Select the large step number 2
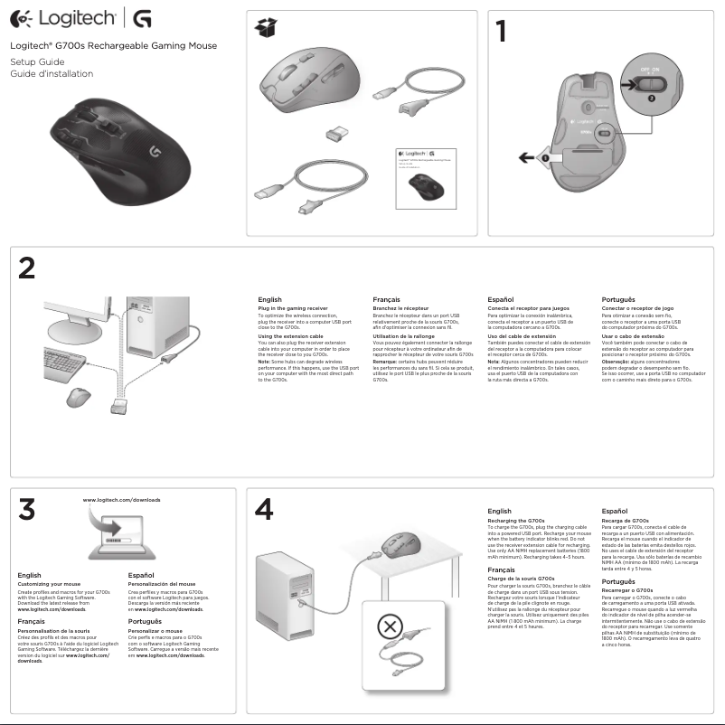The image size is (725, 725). point(29,268)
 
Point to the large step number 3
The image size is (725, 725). point(31,511)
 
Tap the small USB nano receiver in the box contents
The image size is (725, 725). point(336,133)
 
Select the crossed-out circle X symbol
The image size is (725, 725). point(389,626)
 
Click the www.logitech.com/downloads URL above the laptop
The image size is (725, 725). point(121,500)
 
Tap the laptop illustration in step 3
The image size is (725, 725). point(118,541)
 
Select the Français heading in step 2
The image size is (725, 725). point(389,298)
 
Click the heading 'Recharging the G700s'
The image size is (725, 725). point(515,522)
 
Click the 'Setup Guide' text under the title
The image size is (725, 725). point(33,61)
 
